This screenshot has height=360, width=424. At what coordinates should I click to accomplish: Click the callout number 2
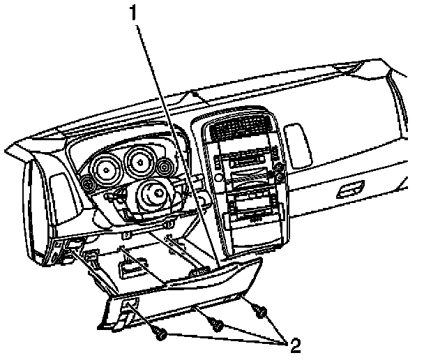296,345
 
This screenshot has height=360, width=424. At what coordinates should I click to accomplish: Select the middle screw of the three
216,325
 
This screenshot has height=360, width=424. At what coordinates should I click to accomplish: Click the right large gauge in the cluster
142,163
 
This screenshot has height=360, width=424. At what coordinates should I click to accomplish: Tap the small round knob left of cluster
89,184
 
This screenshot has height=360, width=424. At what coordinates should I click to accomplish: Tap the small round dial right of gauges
166,167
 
